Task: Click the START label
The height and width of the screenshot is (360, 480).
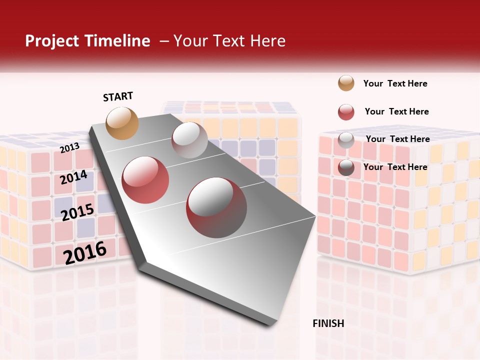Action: (x=118, y=96)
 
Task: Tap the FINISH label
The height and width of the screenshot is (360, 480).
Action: (x=328, y=323)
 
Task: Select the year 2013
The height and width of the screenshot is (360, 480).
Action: (x=70, y=147)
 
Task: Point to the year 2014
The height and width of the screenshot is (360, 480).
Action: (x=74, y=177)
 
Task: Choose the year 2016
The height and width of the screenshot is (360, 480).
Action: (x=85, y=252)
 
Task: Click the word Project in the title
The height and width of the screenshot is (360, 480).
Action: (x=52, y=41)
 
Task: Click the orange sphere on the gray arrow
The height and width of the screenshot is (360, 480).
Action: (x=122, y=123)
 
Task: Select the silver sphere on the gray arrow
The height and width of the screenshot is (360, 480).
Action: (x=189, y=139)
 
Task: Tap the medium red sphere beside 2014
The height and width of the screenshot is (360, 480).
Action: (x=145, y=179)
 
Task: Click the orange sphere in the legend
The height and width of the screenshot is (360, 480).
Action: (x=346, y=83)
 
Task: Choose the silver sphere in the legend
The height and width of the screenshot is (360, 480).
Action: (x=346, y=140)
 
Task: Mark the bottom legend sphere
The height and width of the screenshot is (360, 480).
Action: (x=346, y=168)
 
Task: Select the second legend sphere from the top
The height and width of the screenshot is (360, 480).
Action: (x=346, y=112)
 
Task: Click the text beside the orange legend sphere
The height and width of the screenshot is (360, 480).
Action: (x=395, y=83)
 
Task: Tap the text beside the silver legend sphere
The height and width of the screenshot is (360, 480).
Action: (x=397, y=139)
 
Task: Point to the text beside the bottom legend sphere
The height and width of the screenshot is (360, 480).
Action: (x=395, y=167)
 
